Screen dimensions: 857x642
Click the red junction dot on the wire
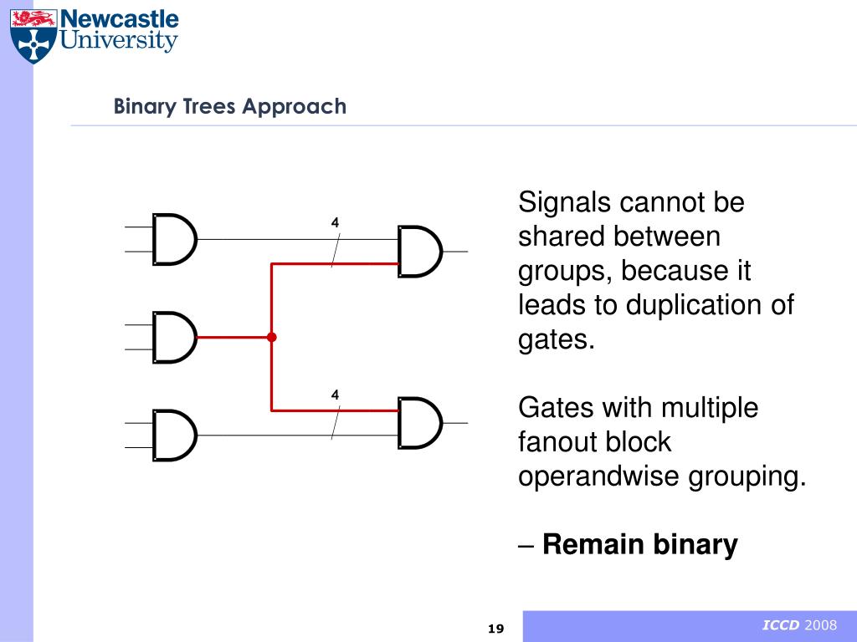(271, 338)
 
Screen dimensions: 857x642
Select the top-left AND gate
(174, 240)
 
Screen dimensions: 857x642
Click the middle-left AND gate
(174, 338)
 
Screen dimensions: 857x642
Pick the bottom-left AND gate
(174, 436)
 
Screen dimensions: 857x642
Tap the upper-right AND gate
(419, 252)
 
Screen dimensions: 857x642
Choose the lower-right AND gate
(419, 423)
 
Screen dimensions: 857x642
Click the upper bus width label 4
(335, 223)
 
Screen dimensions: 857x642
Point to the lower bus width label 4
(335, 395)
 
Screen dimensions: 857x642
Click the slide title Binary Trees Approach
(230, 106)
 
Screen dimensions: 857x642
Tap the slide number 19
(495, 629)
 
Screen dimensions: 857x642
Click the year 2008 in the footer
(821, 626)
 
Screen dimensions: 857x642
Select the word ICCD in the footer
(781, 626)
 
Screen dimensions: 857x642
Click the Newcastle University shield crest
(33, 34)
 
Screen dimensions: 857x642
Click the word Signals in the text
(564, 203)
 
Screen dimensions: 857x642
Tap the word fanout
(552, 442)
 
